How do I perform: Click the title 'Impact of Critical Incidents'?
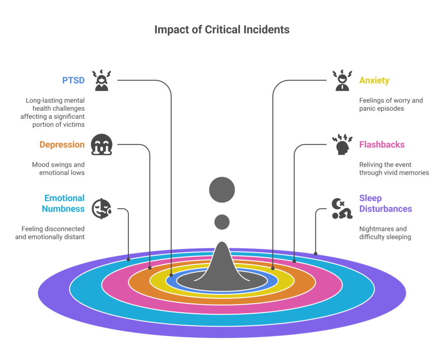tap(222, 30)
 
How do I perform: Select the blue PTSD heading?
tap(73, 81)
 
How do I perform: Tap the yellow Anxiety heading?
tap(374, 81)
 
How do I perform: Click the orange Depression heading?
tap(62, 145)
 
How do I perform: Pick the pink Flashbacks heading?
tap(382, 145)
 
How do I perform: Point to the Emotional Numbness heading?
tap(63, 203)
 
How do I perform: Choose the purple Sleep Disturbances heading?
tap(385, 203)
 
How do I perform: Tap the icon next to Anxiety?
tap(342, 81)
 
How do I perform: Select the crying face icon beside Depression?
tap(101, 145)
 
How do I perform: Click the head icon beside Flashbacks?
tap(342, 145)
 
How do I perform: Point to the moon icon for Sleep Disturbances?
tap(341, 208)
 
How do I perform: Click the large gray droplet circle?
tap(222, 190)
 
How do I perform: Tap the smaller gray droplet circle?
tap(222, 222)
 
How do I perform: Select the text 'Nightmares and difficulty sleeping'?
tap(385, 233)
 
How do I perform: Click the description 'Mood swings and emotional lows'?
tap(58, 169)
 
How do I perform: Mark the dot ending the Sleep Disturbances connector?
tap(316, 253)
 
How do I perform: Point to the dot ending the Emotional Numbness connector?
tap(128, 260)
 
